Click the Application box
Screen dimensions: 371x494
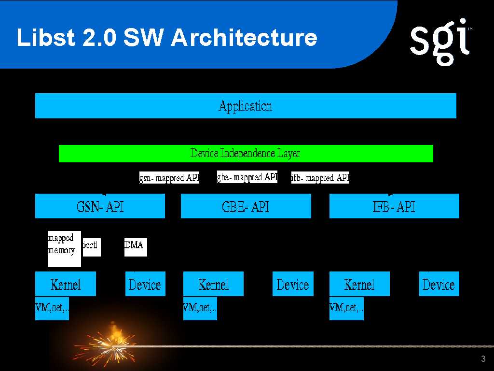click(x=246, y=106)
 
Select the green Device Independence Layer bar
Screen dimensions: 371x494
click(x=246, y=154)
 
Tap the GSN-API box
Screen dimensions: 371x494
click(x=100, y=206)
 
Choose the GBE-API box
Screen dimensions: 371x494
click(x=246, y=206)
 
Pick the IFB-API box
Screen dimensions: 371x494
click(x=394, y=206)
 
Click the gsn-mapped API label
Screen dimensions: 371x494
click(x=169, y=178)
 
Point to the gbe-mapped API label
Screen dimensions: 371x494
click(x=247, y=177)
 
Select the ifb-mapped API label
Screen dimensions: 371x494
click(x=320, y=178)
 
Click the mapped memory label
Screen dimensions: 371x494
click(x=64, y=249)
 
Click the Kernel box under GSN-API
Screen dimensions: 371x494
click(x=66, y=284)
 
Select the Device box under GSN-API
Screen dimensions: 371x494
click(x=145, y=284)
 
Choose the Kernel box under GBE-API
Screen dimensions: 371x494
click(x=213, y=284)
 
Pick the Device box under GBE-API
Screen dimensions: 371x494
click(x=293, y=284)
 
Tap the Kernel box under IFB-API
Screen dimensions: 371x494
click(x=359, y=284)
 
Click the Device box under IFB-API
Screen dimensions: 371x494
click(x=439, y=284)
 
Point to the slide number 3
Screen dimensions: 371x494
click(x=483, y=358)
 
